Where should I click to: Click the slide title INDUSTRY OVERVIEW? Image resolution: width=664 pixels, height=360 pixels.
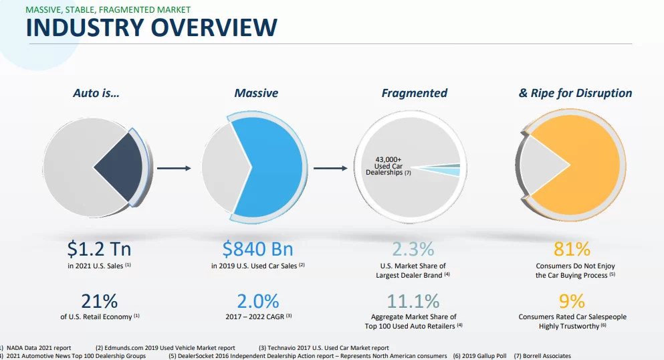coord(151,28)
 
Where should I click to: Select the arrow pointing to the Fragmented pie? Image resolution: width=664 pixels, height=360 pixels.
coord(330,168)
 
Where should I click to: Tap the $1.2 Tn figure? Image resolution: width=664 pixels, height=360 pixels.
coord(99,250)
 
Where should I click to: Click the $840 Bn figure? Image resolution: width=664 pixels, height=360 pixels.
coord(257,250)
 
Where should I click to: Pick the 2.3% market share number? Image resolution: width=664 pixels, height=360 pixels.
coord(413,250)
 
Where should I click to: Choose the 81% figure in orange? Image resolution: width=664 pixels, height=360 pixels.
coord(572,250)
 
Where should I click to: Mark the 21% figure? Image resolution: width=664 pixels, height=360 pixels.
coord(99,301)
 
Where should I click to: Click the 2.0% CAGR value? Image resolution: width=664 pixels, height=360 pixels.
coord(257,301)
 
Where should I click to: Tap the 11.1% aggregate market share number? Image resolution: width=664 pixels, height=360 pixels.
coord(413,301)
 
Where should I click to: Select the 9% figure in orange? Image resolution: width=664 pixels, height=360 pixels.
coord(572,301)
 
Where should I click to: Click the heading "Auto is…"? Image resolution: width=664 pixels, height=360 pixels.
coord(96,94)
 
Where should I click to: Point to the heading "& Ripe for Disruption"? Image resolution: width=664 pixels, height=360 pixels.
coord(575,94)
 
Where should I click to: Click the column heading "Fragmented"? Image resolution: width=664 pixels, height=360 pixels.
coord(415,94)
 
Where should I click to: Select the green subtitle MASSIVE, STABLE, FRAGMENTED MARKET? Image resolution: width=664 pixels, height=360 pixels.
coord(108,9)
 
